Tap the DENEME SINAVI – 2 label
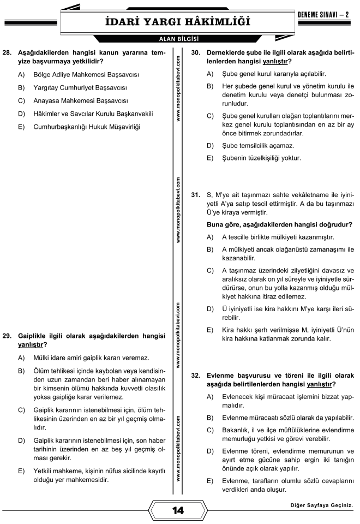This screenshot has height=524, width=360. tap(326, 13)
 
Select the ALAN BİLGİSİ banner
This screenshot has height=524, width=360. tap(177, 39)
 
